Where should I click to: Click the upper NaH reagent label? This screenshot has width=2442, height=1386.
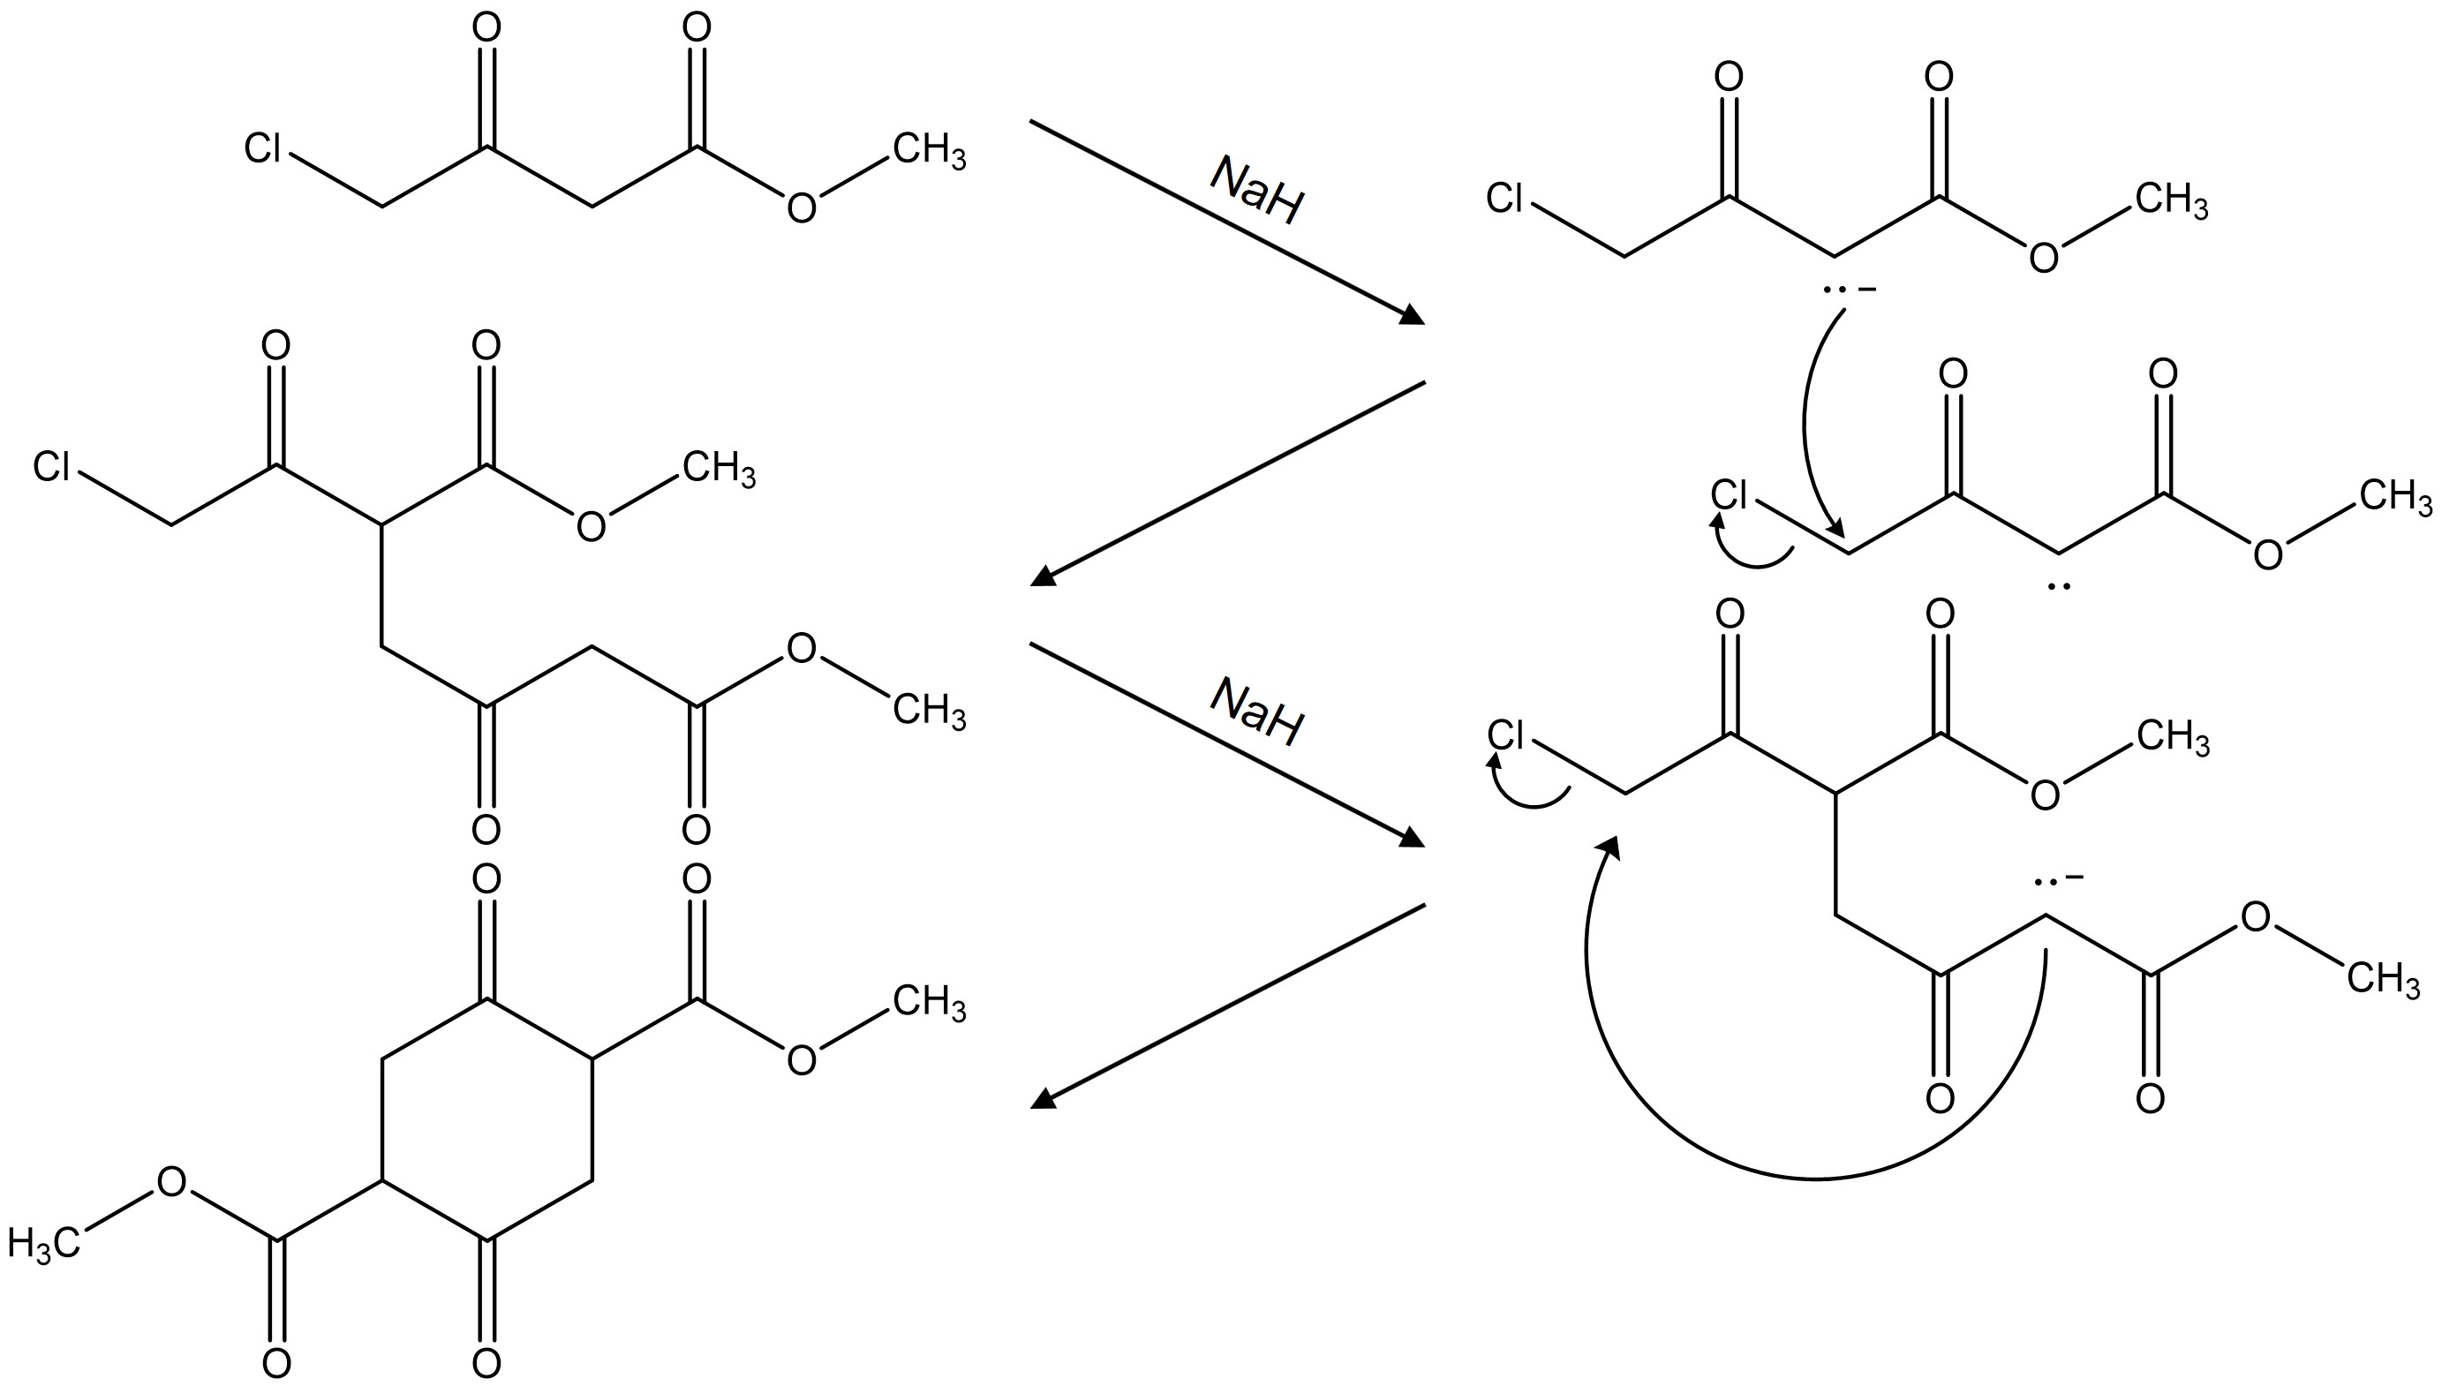coord(1256,192)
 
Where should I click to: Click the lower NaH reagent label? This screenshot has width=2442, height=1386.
coord(1256,712)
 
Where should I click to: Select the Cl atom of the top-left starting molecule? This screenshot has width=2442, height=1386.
coord(263,148)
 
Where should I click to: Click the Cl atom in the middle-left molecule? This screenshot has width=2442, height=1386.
coord(51,467)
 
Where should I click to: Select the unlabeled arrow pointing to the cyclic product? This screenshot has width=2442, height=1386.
coord(1228,1006)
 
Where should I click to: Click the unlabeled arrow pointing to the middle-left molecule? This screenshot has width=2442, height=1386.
coord(1228,484)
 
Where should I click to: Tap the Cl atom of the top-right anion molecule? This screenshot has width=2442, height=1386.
coord(1505,199)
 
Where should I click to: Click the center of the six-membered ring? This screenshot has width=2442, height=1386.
coord(487,1119)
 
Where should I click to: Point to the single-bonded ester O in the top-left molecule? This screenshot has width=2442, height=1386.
coord(802,207)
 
